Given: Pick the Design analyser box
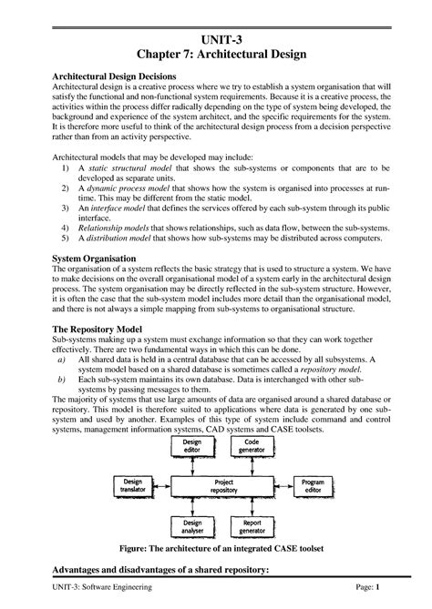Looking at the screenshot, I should point(192,526).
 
